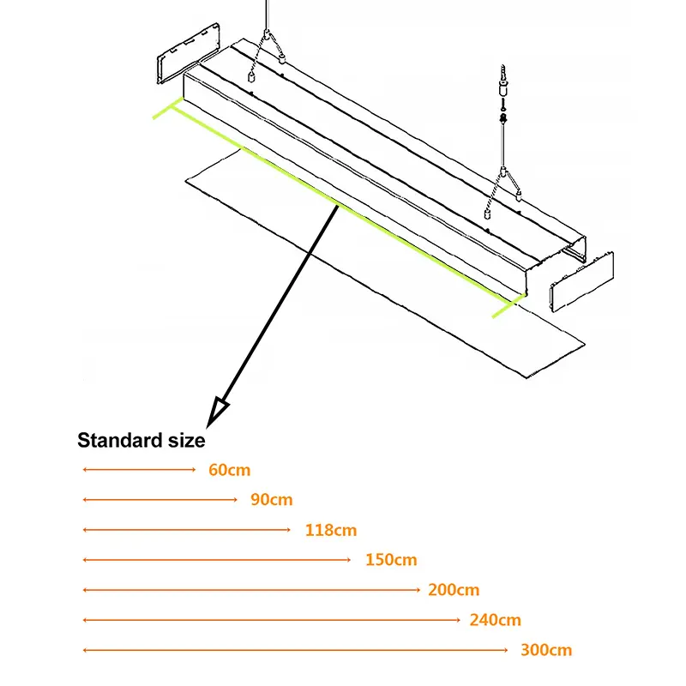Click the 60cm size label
click(229, 470)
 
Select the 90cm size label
click(272, 500)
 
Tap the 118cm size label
click(331, 530)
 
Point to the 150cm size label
click(391, 560)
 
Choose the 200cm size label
click(454, 590)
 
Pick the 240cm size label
click(496, 620)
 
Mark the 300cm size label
click(546, 650)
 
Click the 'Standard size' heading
click(141, 441)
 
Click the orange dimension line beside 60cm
click(140, 470)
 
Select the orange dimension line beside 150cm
click(217, 560)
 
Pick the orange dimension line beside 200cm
click(251, 590)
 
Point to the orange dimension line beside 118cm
click(187, 530)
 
